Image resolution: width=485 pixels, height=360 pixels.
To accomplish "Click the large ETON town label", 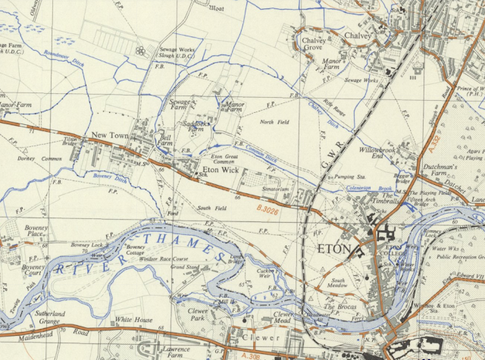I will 334,249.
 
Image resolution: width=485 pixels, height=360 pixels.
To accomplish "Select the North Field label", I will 274,122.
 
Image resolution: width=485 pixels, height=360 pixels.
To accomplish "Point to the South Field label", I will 212,208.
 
